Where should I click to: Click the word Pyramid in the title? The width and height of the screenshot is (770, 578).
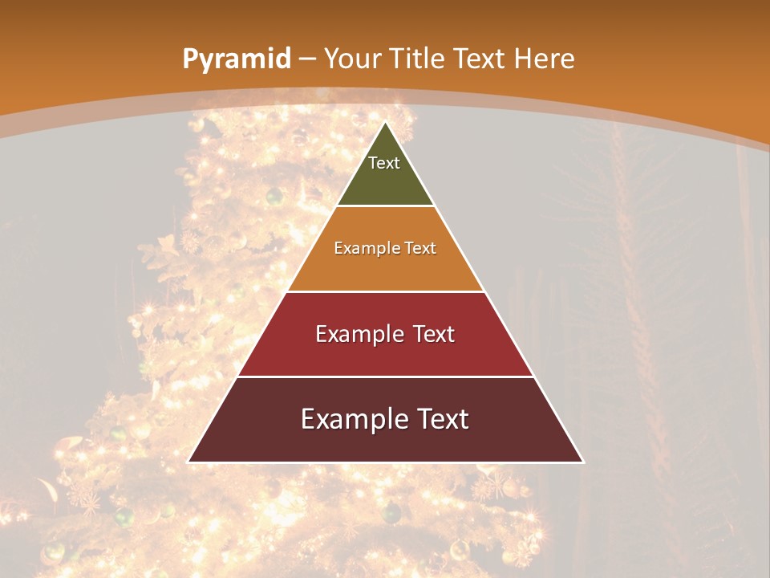tap(236, 59)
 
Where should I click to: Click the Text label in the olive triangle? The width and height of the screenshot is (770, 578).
tap(384, 163)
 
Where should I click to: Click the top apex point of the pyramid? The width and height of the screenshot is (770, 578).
tap(385, 123)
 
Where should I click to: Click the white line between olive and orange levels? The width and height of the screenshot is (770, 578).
tap(385, 206)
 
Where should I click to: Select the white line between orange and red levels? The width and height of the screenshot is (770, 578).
tap(385, 291)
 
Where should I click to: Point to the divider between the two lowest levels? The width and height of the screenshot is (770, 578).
tap(385, 377)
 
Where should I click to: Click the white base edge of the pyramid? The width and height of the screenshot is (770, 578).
tap(385, 462)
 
